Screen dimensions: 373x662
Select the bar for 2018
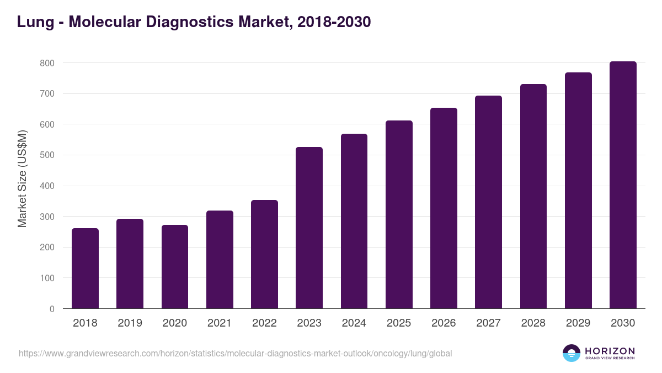click(85, 269)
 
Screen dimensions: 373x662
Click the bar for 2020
click(175, 267)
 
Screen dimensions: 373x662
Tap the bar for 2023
click(309, 228)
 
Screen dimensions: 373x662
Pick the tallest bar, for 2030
click(623, 185)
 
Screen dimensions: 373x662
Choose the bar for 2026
click(444, 208)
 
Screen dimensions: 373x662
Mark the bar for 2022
click(264, 254)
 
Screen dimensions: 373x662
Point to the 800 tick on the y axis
click(47, 64)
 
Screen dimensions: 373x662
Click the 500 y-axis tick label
click(47, 155)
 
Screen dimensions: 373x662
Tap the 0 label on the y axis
click(52, 309)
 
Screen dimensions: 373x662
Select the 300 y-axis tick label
click(47, 217)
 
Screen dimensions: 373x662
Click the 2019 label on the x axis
click(130, 323)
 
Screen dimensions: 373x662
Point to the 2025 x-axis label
click(399, 323)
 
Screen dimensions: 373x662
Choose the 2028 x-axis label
click(533, 323)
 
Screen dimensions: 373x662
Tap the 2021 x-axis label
click(220, 323)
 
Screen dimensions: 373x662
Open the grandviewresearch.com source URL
click(235, 353)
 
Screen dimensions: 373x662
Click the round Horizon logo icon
click(572, 353)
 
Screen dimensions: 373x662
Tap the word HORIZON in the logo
click(610, 350)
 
